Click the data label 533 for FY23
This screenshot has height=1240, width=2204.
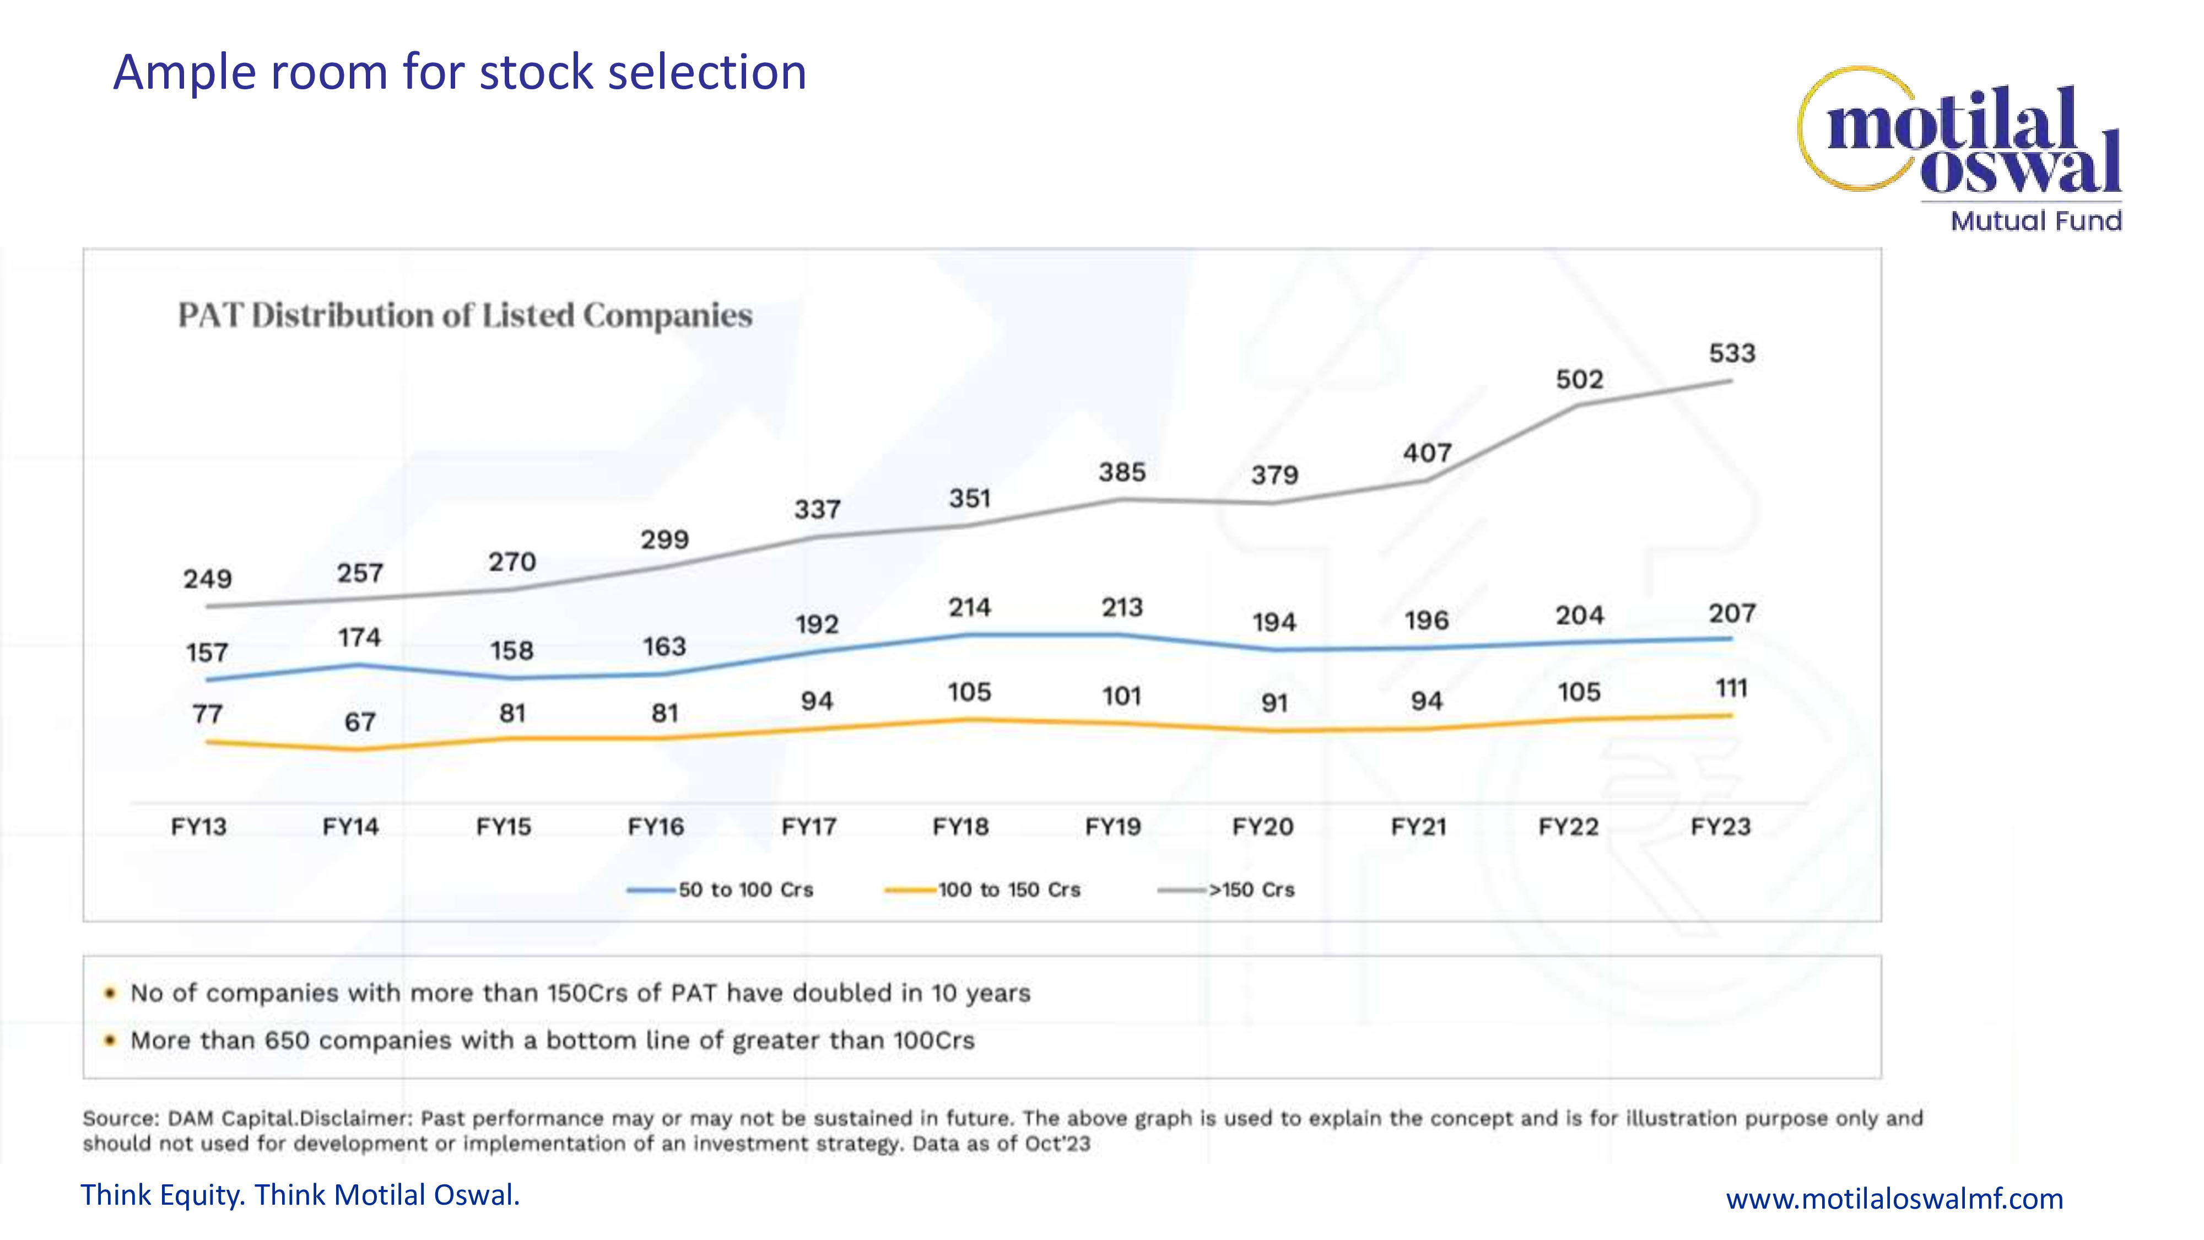point(1732,353)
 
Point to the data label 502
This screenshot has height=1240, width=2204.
point(1579,380)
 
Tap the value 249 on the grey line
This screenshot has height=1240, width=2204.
point(207,579)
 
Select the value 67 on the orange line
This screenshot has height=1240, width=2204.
point(359,723)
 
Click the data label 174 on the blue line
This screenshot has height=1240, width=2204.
point(359,638)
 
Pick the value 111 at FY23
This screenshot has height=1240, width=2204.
point(1731,689)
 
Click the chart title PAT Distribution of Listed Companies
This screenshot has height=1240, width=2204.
point(464,316)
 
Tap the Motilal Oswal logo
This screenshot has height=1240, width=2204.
point(1959,137)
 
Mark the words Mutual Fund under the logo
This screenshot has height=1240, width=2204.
point(2035,221)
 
